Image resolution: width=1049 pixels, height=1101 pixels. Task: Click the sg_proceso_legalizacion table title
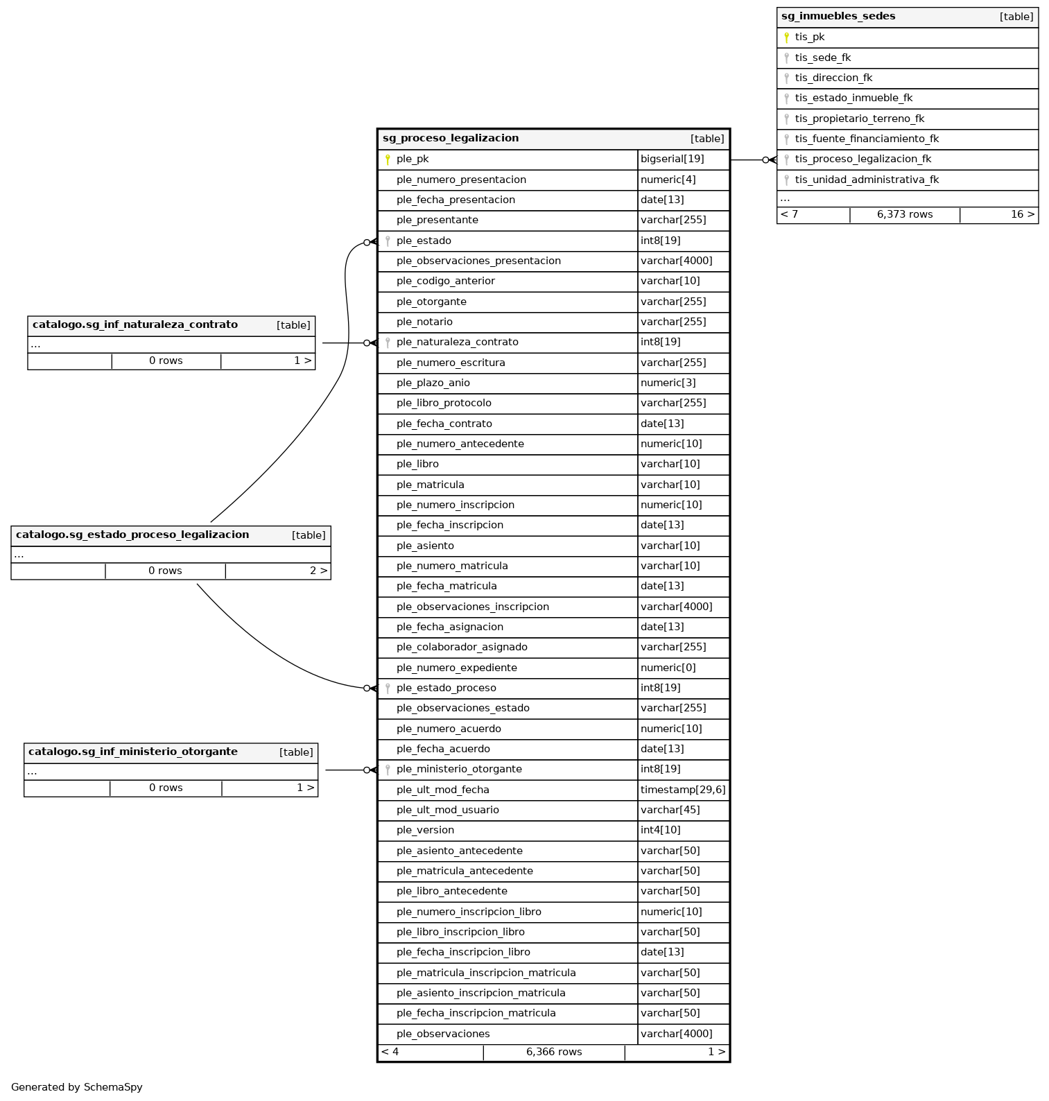point(451,138)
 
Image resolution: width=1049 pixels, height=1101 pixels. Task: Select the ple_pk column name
point(413,159)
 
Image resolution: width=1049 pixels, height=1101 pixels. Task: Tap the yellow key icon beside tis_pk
point(786,37)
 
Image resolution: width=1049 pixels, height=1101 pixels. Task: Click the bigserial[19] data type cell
point(672,159)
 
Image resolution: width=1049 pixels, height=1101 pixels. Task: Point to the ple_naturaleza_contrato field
point(457,342)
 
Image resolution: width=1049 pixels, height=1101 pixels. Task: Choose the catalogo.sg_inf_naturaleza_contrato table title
point(135,324)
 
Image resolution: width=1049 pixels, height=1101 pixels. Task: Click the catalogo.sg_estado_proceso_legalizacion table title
point(132,535)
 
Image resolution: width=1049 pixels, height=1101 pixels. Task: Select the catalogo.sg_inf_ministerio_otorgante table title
point(133,752)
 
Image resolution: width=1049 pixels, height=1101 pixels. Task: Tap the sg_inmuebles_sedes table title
point(838,16)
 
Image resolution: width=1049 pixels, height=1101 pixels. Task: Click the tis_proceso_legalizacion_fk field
point(863,159)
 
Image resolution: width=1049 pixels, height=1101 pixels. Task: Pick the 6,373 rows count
point(905,214)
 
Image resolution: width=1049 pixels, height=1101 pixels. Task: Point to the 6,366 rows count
point(554,1052)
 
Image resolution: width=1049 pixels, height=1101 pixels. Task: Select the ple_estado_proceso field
point(446,688)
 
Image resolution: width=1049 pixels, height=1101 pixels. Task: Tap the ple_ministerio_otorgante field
point(459,769)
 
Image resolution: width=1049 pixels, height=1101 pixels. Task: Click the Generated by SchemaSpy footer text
point(77,1087)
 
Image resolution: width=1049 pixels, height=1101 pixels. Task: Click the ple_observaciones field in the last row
point(443,1034)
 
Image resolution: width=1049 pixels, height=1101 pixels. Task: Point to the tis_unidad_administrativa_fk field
point(867,180)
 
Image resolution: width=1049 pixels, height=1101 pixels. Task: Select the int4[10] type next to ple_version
point(660,830)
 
